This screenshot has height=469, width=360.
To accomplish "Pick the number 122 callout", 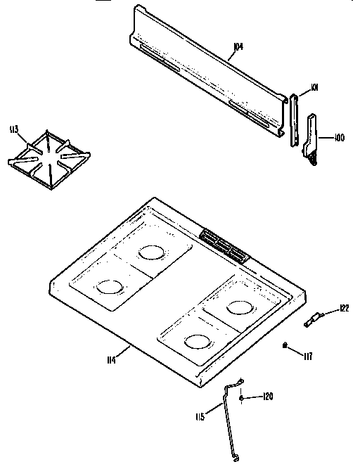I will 344,308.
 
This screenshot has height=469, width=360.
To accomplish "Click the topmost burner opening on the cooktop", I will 150,251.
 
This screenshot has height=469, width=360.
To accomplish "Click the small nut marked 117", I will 284,345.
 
